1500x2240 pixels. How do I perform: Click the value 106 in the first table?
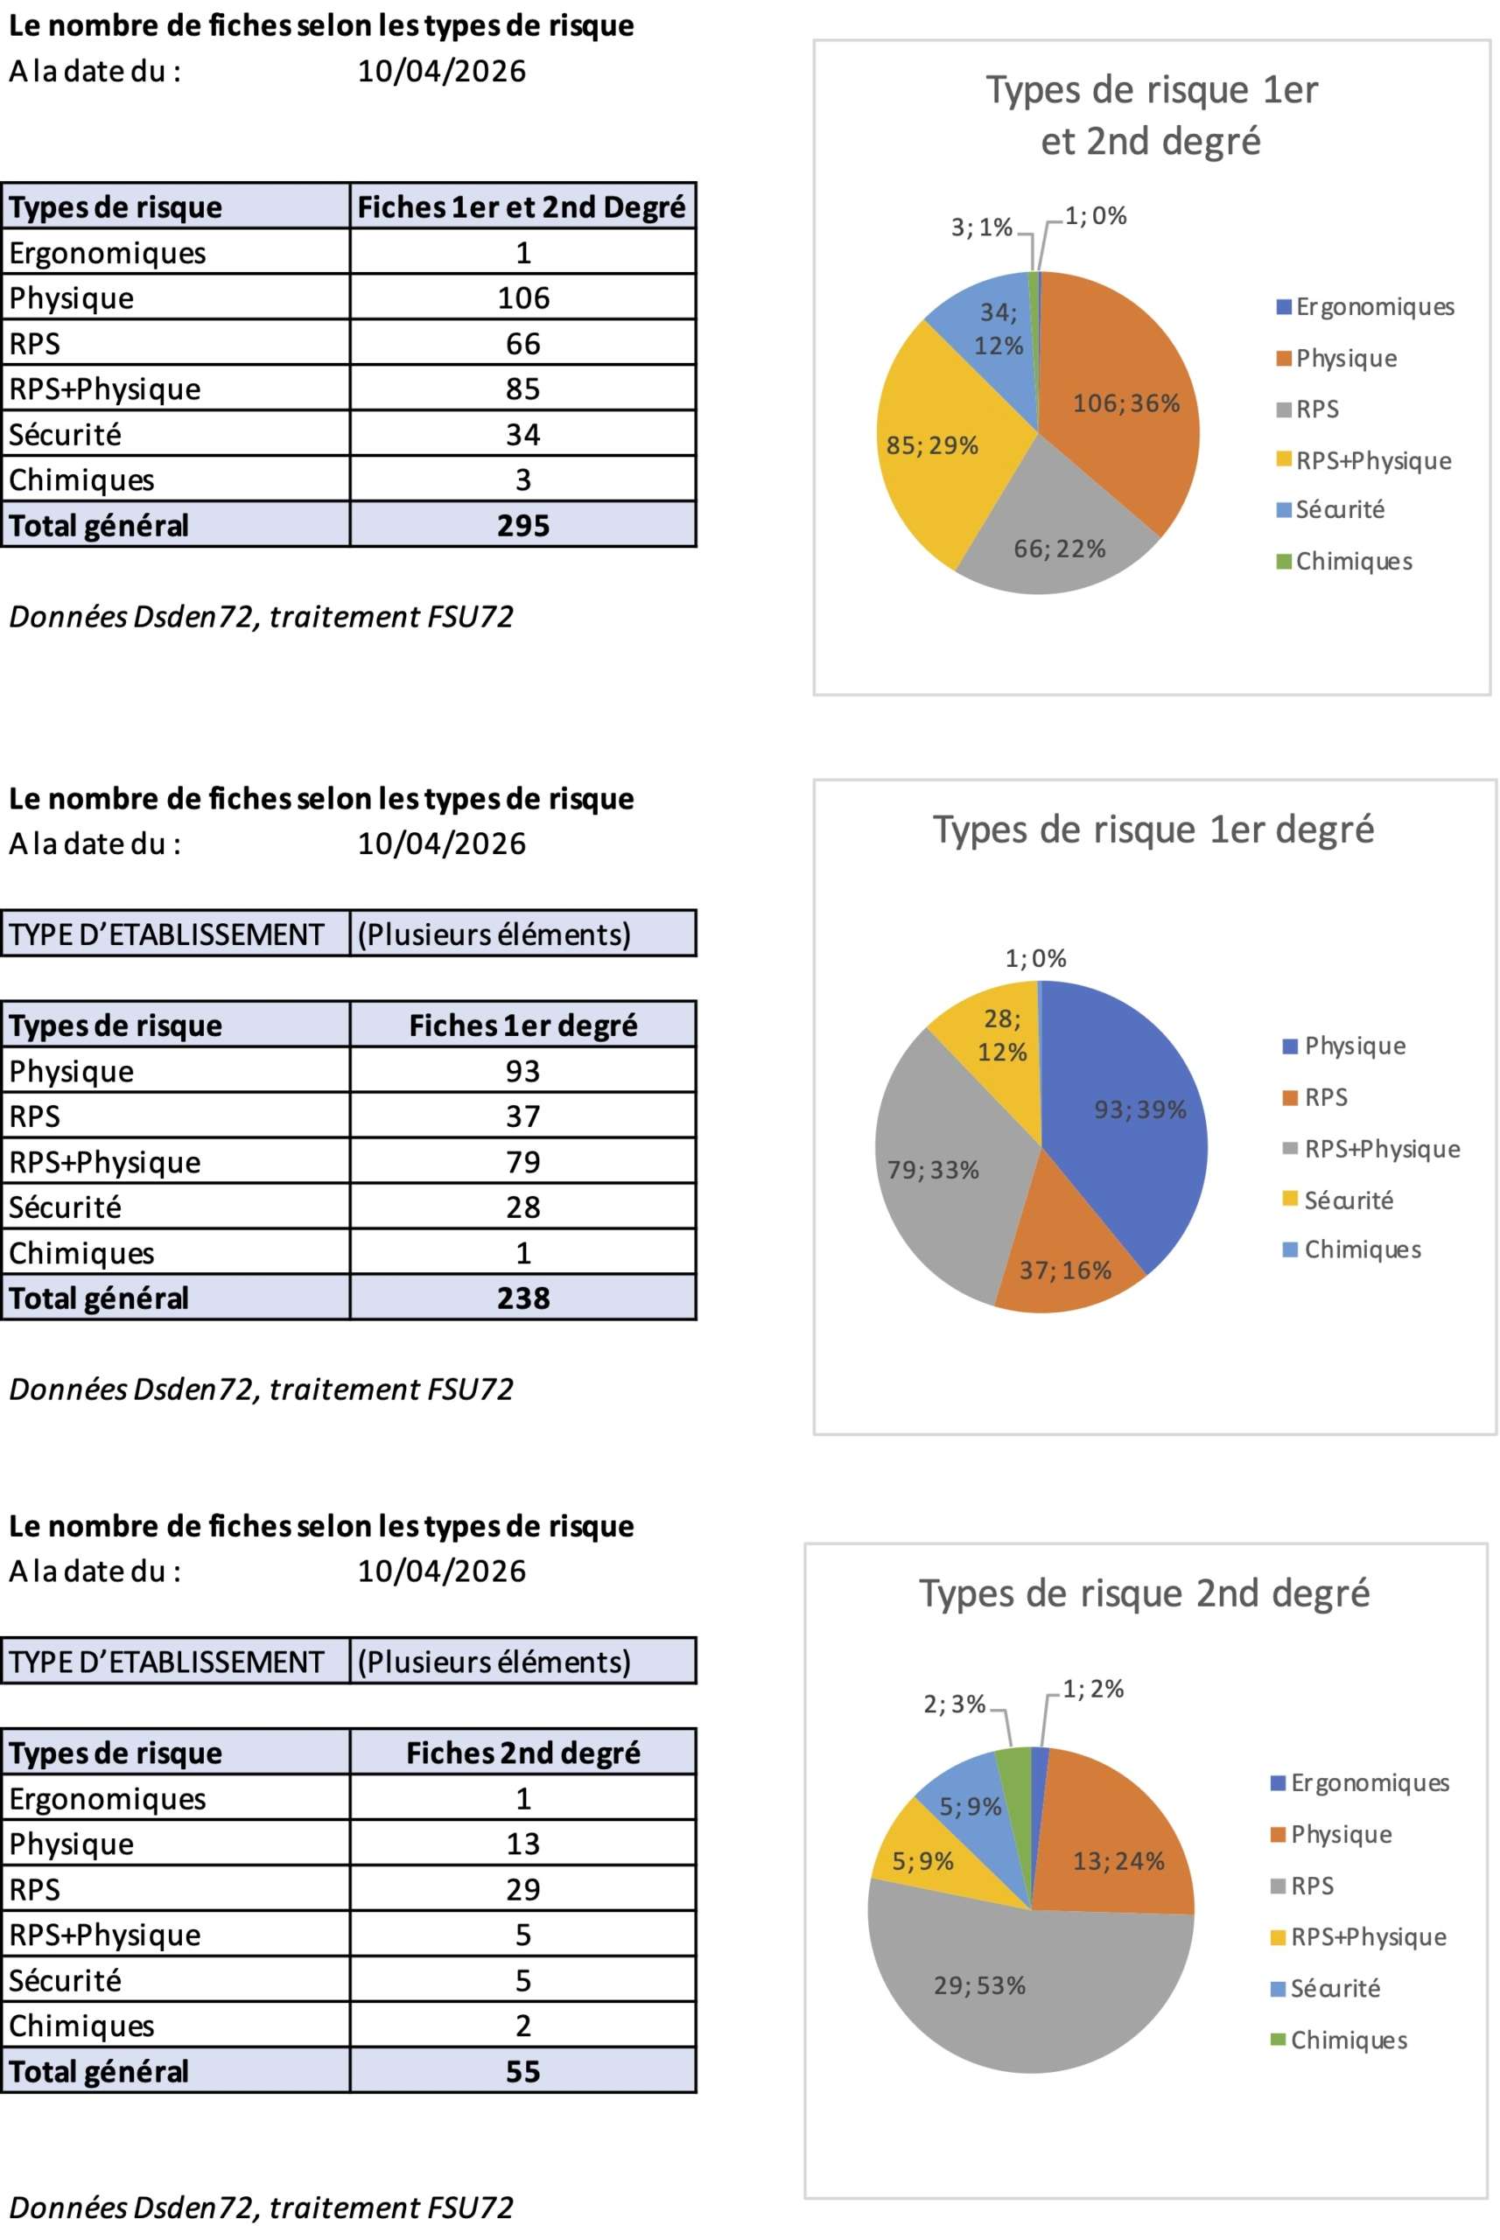tap(523, 297)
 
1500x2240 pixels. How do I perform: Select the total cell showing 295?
tap(523, 525)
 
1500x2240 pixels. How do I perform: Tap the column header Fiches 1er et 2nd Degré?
tap(522, 206)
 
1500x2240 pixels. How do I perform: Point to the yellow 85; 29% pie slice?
tap(932, 445)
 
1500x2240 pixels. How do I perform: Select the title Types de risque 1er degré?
tap(1153, 829)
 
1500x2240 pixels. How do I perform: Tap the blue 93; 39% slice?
tap(1139, 1109)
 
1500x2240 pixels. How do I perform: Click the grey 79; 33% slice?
tap(933, 1169)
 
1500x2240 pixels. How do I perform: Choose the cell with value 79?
tap(523, 1161)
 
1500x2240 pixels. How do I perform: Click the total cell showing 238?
tap(523, 1298)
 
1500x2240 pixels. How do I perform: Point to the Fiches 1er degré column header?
tap(522, 1025)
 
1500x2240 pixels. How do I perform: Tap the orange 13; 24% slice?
tap(1118, 1860)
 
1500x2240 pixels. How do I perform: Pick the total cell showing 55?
tap(523, 2071)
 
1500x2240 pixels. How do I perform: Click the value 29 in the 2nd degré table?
tap(523, 1889)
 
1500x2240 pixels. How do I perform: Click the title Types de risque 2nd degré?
tap(1144, 1593)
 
